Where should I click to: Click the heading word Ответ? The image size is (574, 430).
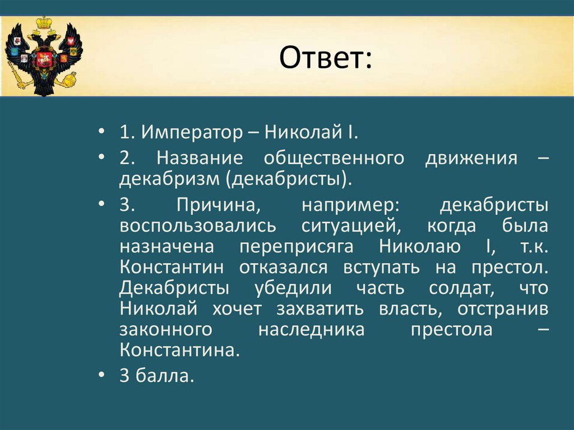pos(326,58)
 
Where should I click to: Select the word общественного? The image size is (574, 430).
pos(334,159)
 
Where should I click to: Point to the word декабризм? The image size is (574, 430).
pos(169,179)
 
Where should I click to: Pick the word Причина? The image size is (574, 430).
pos(219,205)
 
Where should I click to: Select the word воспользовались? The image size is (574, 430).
pos(198,225)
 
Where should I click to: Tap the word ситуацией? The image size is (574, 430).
pos(351,226)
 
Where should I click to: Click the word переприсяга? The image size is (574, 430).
pos(297,247)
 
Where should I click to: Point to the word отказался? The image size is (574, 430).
pos(283,267)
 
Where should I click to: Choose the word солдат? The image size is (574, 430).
pos(462,288)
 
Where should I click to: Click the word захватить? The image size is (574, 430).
pos(320,308)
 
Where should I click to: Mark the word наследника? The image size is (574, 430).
pos(312,330)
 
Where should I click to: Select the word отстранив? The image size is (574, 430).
pos(503,309)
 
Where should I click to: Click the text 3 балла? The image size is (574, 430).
pos(157,376)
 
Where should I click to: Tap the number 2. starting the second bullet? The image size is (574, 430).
pos(127,158)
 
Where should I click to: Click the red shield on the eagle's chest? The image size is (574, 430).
pos(44,59)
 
